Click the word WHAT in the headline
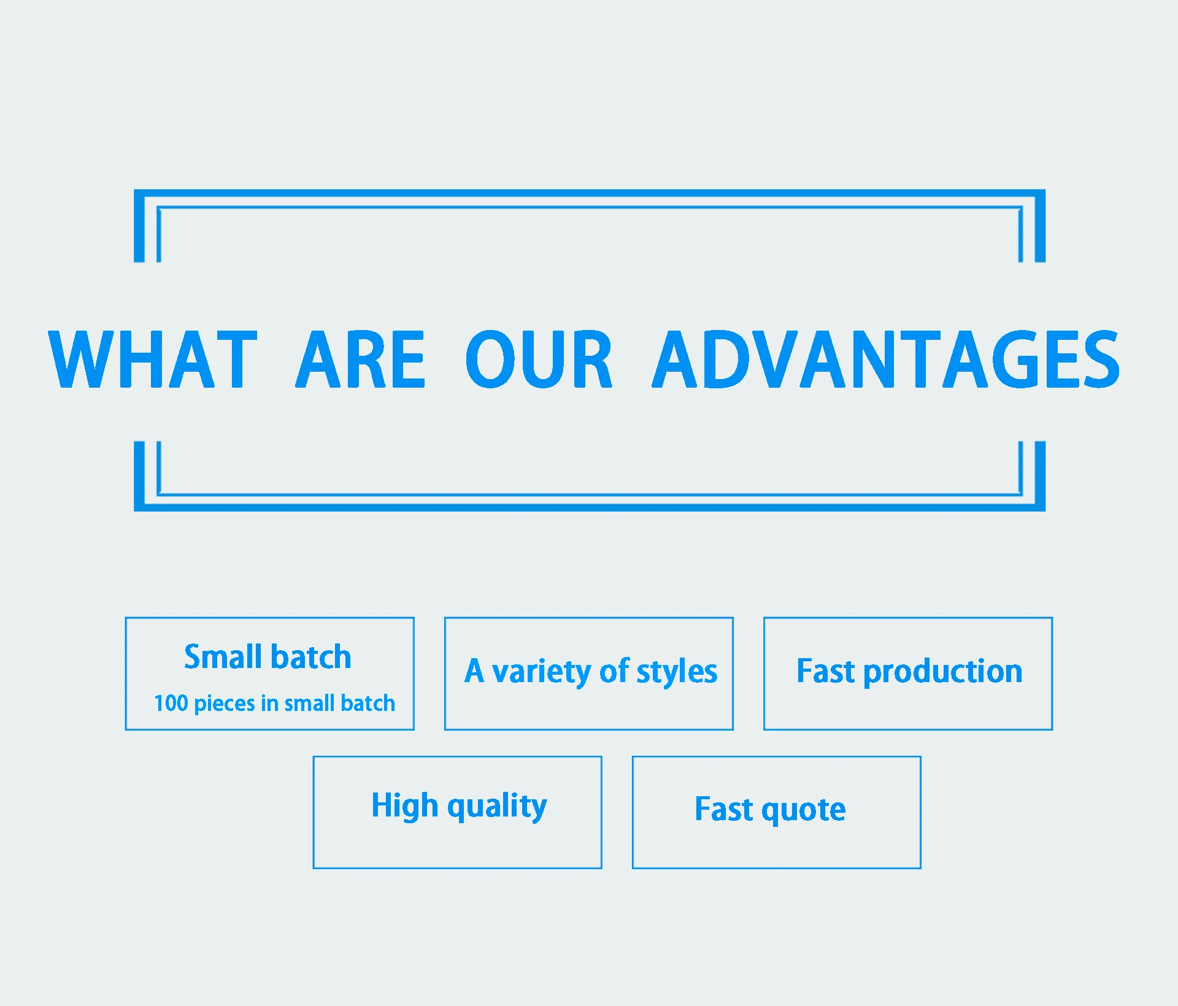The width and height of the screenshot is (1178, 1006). (153, 359)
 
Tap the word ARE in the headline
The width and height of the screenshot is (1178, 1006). (360, 359)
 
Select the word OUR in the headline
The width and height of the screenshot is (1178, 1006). (539, 359)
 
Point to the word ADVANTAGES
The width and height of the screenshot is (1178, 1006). (885, 359)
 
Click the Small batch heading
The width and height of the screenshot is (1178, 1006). (268, 656)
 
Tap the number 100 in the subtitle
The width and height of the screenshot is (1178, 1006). (171, 703)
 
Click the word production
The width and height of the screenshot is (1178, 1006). (943, 672)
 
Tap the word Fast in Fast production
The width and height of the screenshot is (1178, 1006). (826, 670)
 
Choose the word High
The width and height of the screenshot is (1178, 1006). (405, 806)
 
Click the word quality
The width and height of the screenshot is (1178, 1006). (497, 807)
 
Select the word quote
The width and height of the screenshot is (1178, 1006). (804, 811)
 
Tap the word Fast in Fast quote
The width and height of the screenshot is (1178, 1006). (724, 808)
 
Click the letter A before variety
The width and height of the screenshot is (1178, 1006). (474, 670)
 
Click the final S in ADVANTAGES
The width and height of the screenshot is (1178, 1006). (1101, 359)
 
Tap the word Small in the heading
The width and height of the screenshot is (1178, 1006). (223, 656)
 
